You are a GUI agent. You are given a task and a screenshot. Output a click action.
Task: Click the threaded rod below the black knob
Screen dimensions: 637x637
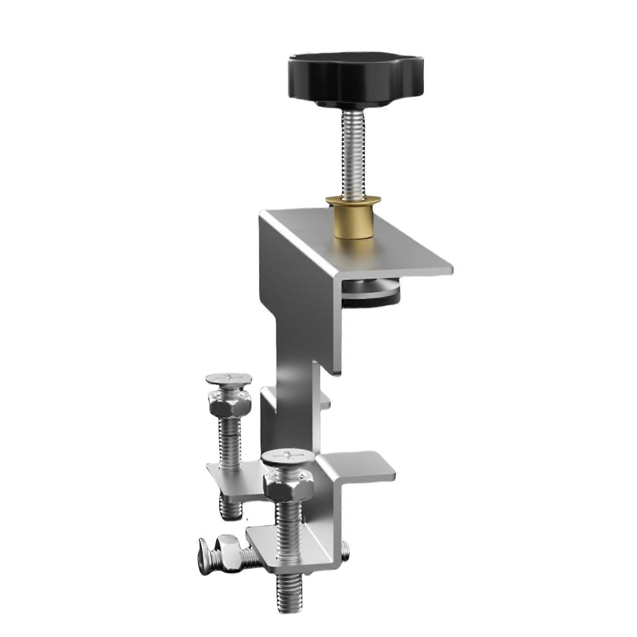click(x=353, y=155)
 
